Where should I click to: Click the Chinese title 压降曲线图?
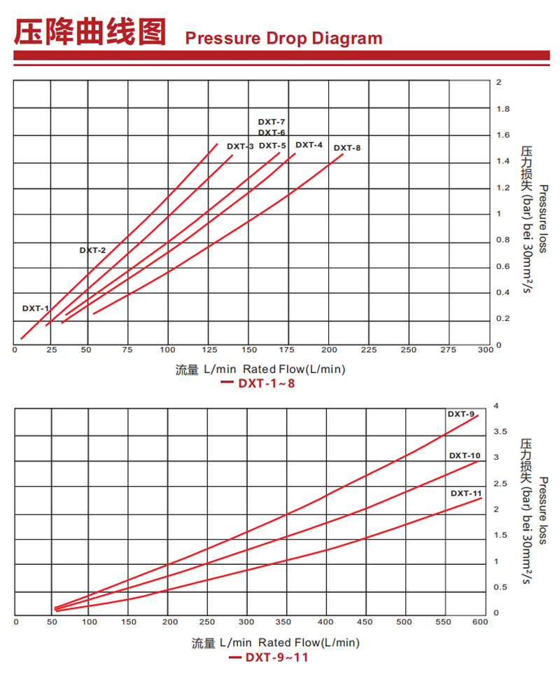coord(91,32)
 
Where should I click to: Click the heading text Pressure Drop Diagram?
coord(283,38)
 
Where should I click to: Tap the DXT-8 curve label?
coord(346,148)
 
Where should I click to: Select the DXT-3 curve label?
coord(240,146)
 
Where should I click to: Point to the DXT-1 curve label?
coord(36,308)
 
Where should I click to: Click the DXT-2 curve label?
coord(92,250)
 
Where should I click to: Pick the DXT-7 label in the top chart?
coord(272,122)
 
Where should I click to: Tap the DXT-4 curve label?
coord(309,145)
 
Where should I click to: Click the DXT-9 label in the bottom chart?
coord(461,414)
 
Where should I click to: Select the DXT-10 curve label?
coord(465,456)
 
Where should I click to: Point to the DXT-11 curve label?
coord(465,493)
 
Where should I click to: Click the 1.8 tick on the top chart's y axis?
coord(503,109)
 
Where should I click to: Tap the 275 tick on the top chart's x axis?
coord(449,350)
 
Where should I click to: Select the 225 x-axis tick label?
coord(369,350)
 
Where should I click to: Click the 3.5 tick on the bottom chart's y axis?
coord(500,432)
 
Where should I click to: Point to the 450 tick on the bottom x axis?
coord(364,622)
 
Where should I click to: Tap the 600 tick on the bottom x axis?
coord(479,622)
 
